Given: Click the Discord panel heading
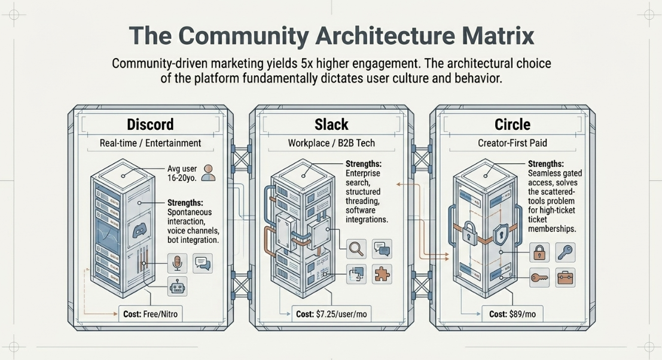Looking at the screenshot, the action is point(150,124).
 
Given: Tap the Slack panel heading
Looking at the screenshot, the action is point(331,124).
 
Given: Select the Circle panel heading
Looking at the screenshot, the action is point(512,124).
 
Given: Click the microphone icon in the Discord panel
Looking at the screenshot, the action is point(178,263).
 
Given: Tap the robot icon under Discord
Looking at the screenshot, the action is point(178,287).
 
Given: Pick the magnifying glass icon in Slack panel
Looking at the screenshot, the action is point(356,249).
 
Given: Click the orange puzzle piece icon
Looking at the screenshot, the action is point(382,274).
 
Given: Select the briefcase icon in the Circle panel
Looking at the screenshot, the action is point(565,277).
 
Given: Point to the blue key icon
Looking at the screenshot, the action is point(565,252).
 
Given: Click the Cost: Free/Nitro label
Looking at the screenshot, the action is point(150,315).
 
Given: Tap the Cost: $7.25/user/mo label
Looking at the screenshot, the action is point(331,315).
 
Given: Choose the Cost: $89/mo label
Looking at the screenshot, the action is point(512,315).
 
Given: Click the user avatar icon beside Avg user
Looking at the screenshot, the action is point(208,173).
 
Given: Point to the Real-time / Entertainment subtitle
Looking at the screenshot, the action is point(150,143).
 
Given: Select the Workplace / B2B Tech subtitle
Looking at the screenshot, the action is point(331,143).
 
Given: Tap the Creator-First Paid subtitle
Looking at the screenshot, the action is point(512,143).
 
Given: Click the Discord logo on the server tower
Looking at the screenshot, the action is point(139,230).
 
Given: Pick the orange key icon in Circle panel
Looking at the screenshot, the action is point(539,277).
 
